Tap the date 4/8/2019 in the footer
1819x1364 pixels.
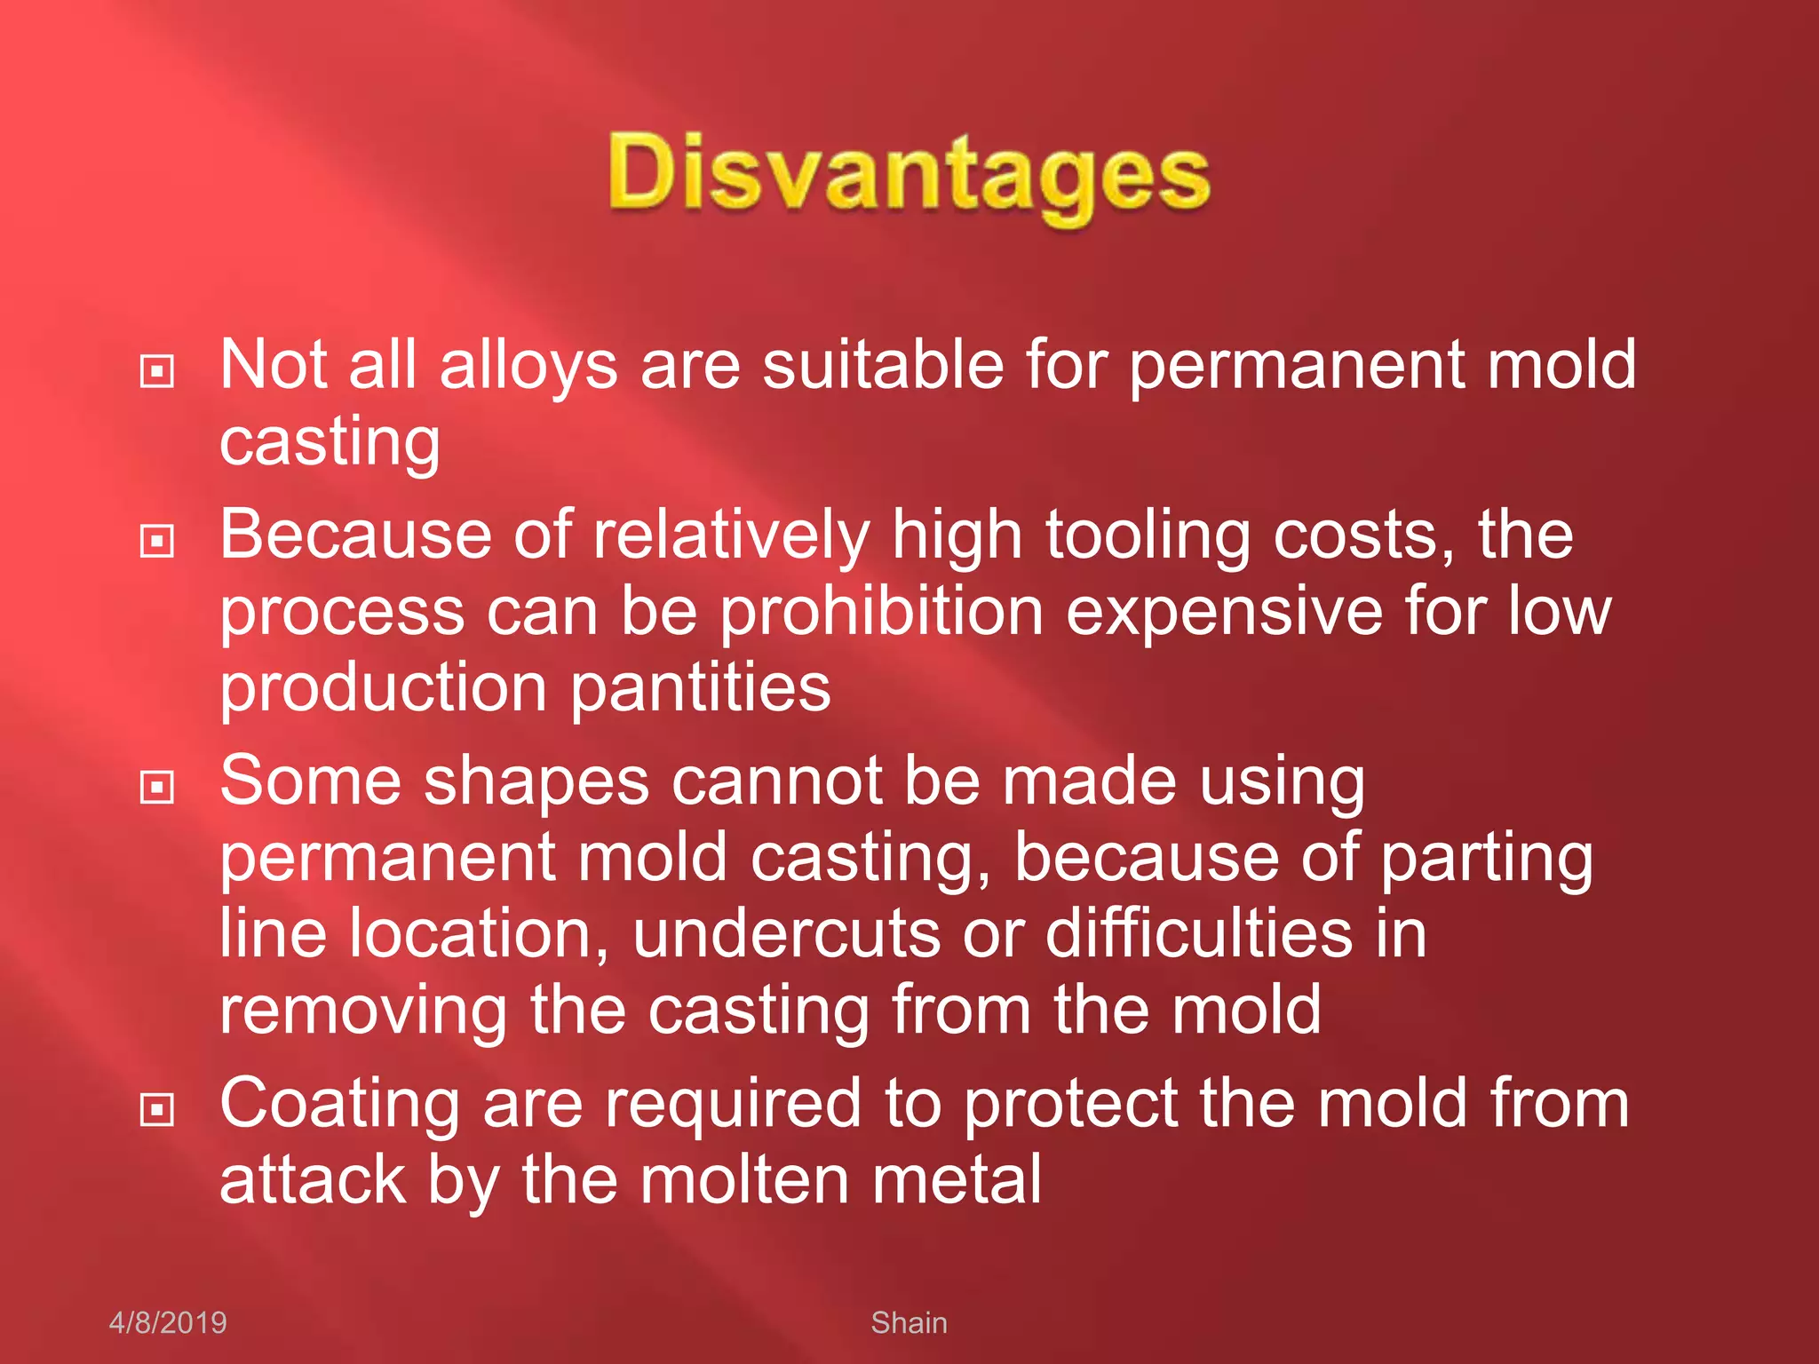point(168,1322)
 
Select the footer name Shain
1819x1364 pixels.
point(909,1322)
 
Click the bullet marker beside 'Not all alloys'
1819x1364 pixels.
point(157,371)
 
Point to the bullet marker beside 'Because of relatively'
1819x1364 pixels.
point(157,541)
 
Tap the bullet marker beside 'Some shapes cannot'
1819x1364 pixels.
point(157,787)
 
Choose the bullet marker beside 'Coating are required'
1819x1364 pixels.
point(157,1109)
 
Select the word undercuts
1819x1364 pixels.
point(786,934)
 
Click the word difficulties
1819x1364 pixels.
point(1199,934)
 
